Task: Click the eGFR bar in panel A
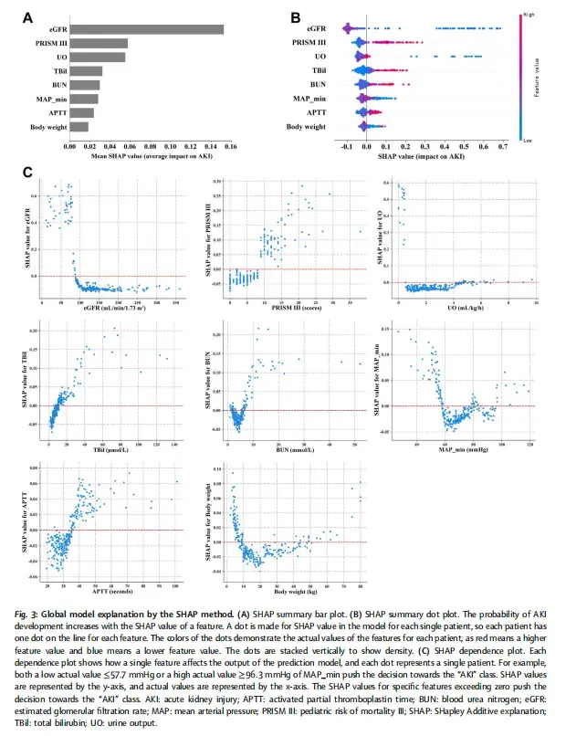click(x=146, y=29)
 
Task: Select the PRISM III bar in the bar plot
click(x=99, y=43)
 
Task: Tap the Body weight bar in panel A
click(x=79, y=127)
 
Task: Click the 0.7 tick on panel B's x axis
click(x=503, y=144)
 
